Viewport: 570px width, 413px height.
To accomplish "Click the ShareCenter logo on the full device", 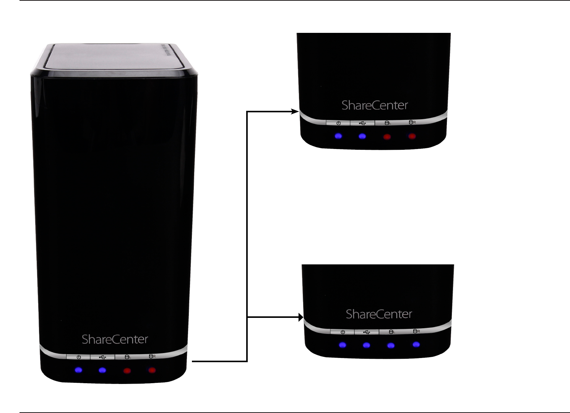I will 115,339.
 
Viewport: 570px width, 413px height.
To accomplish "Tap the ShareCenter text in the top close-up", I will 375,105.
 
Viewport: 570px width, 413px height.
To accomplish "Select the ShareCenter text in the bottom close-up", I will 379,314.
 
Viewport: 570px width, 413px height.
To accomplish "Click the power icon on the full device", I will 79,357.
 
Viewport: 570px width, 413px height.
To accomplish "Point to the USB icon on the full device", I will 102,357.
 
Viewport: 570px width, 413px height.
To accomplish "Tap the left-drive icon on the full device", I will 127,357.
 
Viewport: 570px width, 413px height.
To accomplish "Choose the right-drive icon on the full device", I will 152,356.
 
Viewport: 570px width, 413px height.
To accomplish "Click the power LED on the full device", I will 78,370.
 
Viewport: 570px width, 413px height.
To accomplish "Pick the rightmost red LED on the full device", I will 152,370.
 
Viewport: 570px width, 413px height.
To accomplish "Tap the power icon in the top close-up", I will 338,123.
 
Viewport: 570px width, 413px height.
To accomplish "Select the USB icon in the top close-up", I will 362,123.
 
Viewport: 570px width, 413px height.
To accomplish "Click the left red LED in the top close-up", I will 387,136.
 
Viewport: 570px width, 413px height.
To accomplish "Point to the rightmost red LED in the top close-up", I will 412,136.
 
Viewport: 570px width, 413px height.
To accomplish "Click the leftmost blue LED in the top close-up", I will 338,136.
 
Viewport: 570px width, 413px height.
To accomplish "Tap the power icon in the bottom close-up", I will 343,332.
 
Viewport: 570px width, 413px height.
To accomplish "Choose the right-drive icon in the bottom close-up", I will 416,331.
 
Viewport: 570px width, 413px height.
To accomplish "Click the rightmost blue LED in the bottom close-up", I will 416,345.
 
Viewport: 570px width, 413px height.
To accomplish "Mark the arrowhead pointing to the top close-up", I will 295,112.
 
